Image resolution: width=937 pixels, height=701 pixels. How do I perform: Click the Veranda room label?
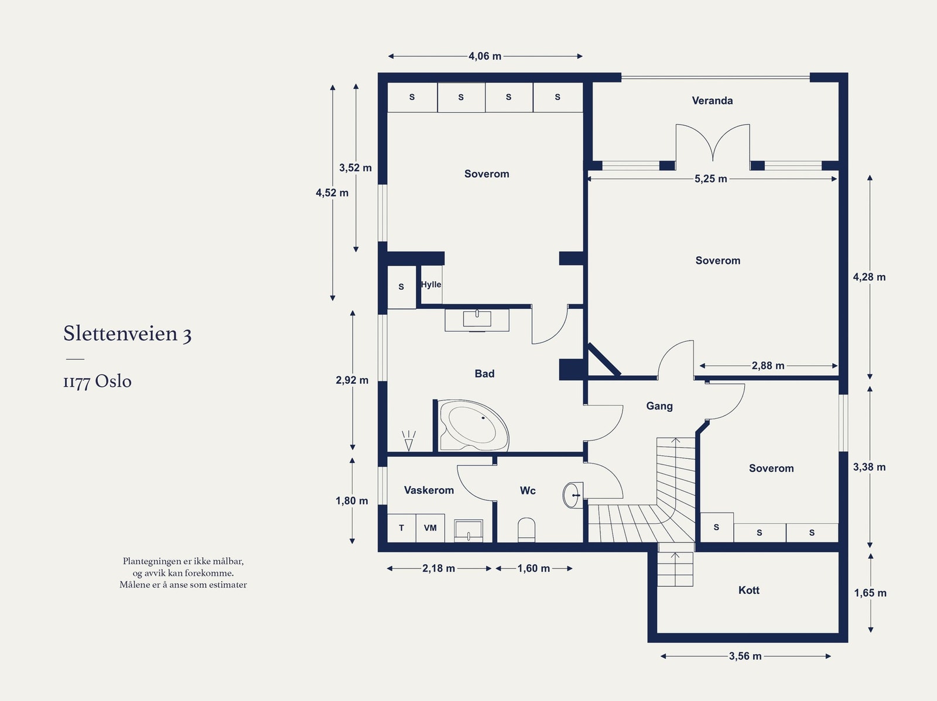click(712, 101)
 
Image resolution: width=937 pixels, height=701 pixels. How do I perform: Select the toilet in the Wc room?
click(526, 529)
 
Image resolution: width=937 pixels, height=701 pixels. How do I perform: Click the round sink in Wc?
click(572, 496)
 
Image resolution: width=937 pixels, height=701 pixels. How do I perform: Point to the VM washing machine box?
click(430, 528)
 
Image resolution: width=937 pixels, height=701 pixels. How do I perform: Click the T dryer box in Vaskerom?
click(402, 528)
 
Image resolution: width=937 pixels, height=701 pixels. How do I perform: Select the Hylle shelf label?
click(431, 284)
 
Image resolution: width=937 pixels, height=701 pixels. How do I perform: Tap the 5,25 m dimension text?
click(711, 179)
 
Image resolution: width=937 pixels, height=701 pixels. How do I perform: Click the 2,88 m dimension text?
click(768, 366)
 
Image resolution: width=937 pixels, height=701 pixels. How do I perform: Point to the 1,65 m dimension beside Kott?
click(870, 593)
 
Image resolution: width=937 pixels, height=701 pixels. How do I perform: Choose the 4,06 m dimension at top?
click(485, 56)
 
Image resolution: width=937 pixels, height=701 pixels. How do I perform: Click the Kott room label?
click(748, 590)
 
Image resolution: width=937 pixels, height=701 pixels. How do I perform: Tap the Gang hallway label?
click(659, 406)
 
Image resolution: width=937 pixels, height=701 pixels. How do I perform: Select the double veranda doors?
click(713, 143)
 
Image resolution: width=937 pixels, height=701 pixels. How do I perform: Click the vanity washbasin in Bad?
click(477, 319)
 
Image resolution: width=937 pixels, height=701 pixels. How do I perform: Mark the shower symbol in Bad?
click(409, 441)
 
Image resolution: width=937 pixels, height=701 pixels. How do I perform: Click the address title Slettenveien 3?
click(128, 334)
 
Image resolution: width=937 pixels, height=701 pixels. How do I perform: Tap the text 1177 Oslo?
click(97, 382)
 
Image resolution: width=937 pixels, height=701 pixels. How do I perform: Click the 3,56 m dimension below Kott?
click(745, 657)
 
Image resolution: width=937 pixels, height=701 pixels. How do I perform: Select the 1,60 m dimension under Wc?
click(534, 568)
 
